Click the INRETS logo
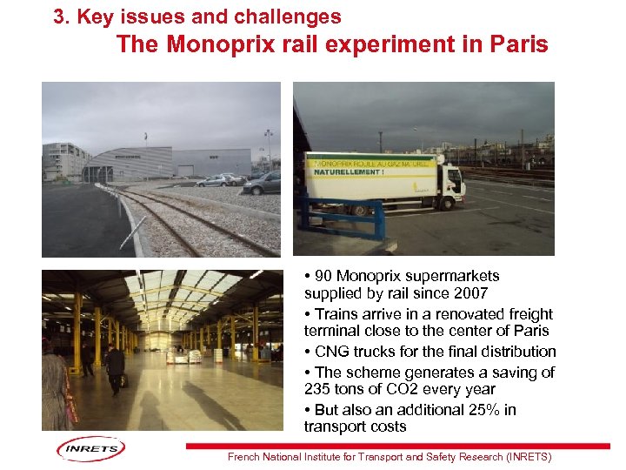[x=90, y=449]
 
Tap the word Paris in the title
[x=518, y=44]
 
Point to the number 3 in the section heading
[x=59, y=17]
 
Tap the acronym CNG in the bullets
[x=330, y=352]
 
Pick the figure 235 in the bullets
[x=318, y=389]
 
